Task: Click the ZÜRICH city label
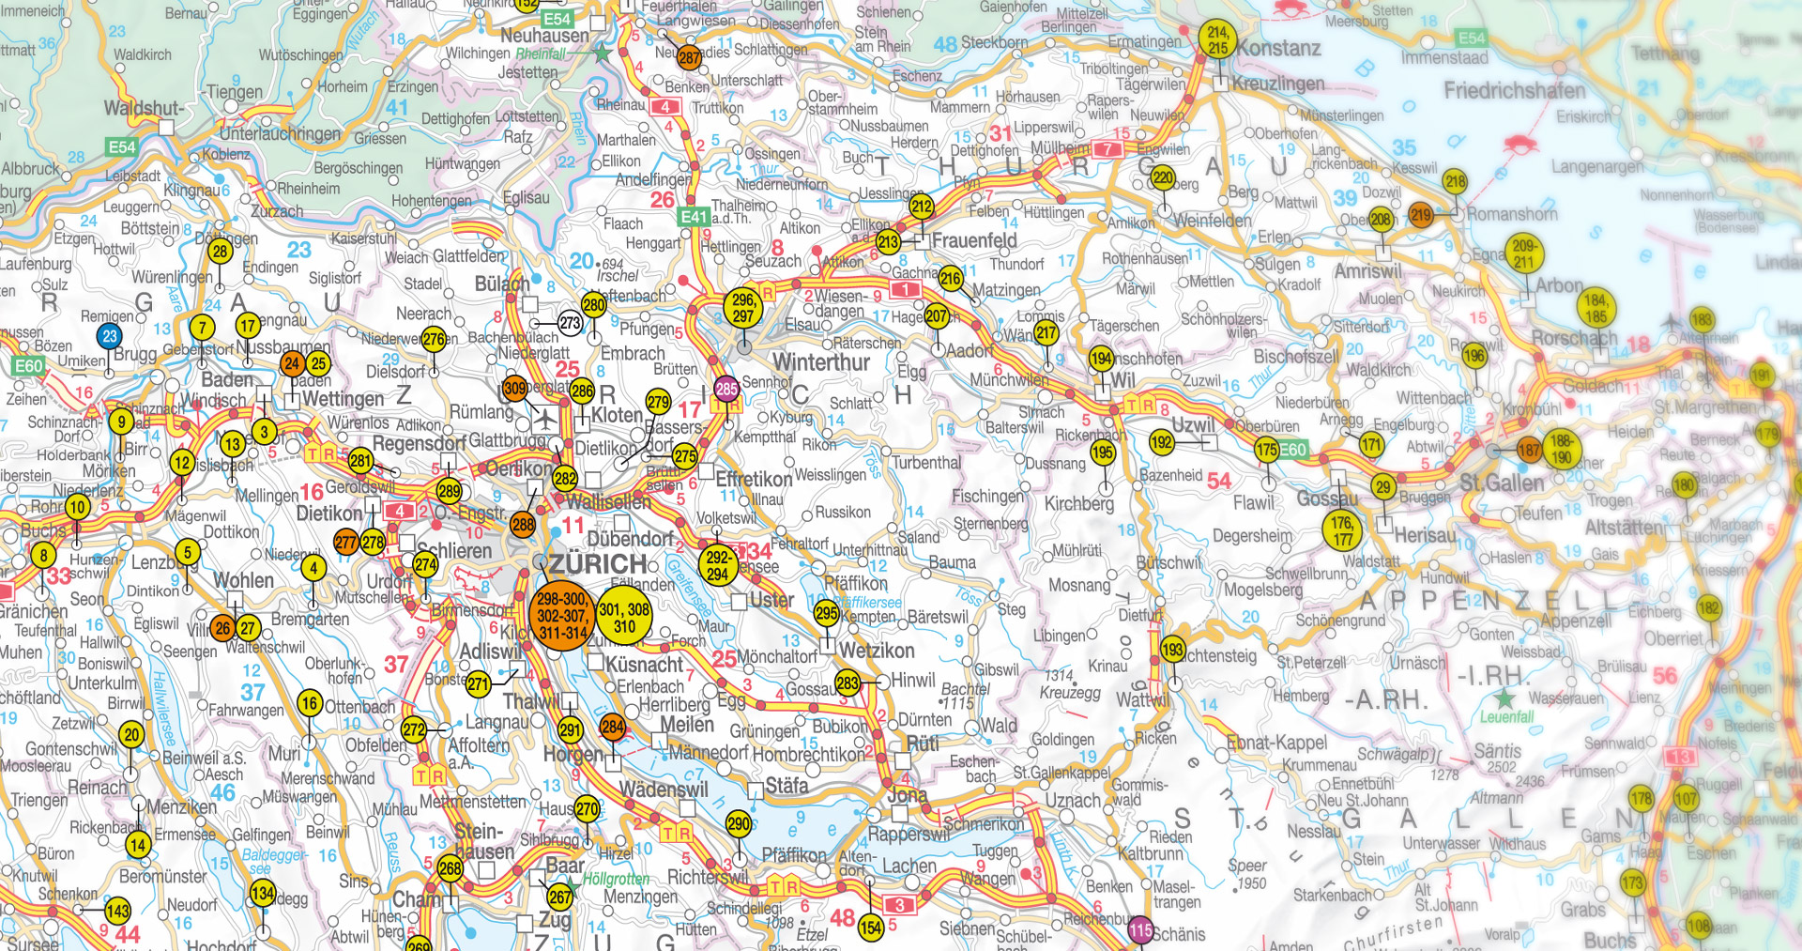pyautogui.click(x=598, y=564)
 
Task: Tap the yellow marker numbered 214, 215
pyautogui.click(x=1217, y=39)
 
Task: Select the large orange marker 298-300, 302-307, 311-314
pyautogui.click(x=562, y=616)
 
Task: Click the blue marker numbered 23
pyautogui.click(x=110, y=336)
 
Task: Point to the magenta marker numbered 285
pyautogui.click(x=726, y=388)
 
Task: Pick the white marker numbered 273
pyautogui.click(x=570, y=323)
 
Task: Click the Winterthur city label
pyautogui.click(x=821, y=362)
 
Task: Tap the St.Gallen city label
pyautogui.click(x=1502, y=483)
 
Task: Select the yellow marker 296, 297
pyautogui.click(x=743, y=308)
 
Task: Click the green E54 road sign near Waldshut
pyautogui.click(x=122, y=147)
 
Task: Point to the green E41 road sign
pyautogui.click(x=694, y=217)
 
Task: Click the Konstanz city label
pyautogui.click(x=1278, y=48)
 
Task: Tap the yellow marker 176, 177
pyautogui.click(x=1343, y=530)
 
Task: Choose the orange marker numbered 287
pyautogui.click(x=689, y=57)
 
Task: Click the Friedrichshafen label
pyautogui.click(x=1514, y=91)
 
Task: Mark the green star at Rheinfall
pyautogui.click(x=602, y=54)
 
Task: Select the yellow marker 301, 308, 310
pyautogui.click(x=624, y=617)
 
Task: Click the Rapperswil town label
pyautogui.click(x=909, y=834)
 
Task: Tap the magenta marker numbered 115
pyautogui.click(x=1139, y=930)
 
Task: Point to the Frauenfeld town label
pyautogui.click(x=974, y=240)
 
